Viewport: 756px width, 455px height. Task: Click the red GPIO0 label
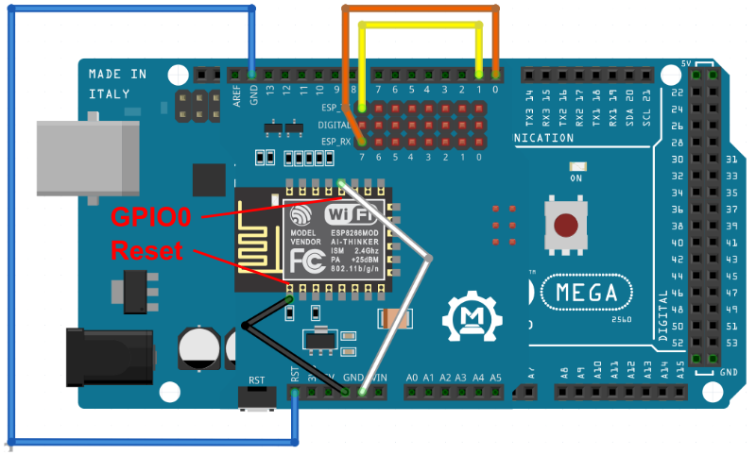151,217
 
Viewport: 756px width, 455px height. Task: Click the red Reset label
151,251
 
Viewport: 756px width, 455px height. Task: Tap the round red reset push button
566,225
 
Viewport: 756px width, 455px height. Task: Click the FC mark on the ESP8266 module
305,260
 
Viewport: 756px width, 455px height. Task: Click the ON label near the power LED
576,177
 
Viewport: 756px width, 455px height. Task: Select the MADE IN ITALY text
117,82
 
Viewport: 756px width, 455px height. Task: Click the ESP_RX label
335,142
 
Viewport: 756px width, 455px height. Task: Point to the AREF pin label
236,94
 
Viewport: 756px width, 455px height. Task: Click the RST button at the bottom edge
256,397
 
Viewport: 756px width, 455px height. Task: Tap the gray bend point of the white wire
430,258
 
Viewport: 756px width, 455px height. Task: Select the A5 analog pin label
495,378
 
